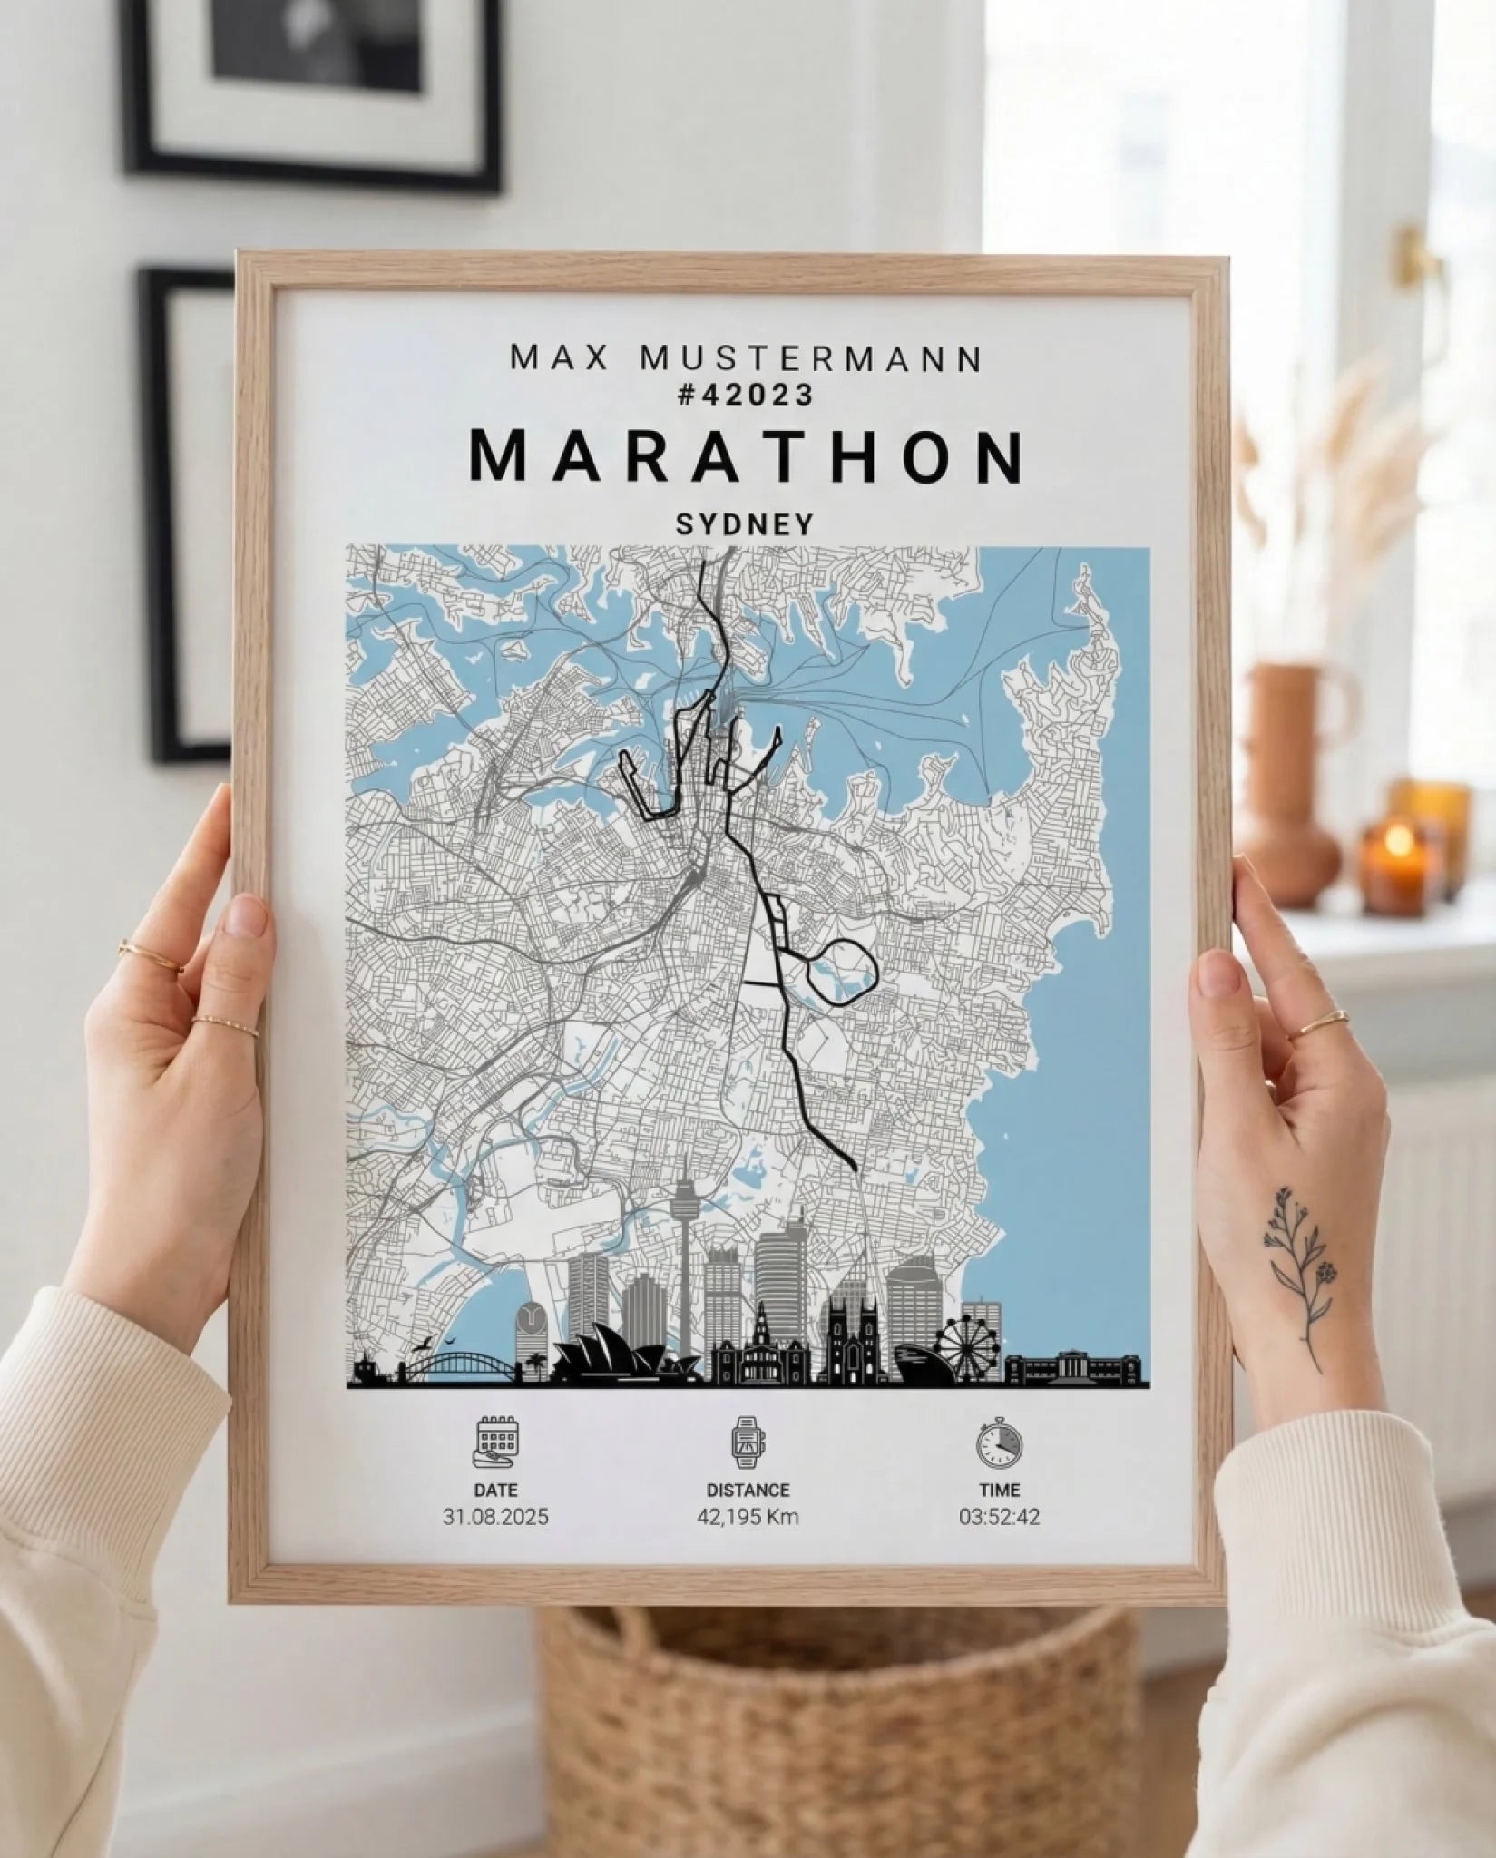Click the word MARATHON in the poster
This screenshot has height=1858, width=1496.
747,457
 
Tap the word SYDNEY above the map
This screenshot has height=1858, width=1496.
744,524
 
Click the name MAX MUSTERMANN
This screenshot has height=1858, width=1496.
746,358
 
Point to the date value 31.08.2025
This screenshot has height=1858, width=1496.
495,1516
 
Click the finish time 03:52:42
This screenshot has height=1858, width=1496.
999,1516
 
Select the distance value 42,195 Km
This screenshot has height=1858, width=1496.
748,1516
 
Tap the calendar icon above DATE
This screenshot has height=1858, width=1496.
495,1442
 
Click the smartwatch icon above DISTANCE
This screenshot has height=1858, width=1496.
748,1442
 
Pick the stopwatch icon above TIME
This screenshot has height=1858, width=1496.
999,1442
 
